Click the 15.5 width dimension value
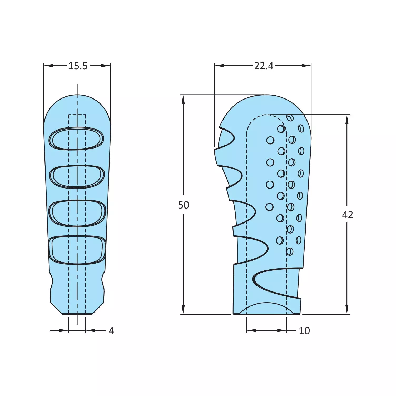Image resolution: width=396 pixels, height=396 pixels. (x=78, y=66)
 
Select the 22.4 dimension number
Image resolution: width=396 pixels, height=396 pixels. (x=264, y=66)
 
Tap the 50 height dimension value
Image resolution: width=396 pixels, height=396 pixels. (x=184, y=205)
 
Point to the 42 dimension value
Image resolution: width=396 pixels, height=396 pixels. (x=347, y=215)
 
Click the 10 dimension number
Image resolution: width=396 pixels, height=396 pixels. (x=304, y=331)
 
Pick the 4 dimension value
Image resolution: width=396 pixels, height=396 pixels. (x=111, y=331)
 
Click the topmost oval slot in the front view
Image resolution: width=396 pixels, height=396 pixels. (x=77, y=138)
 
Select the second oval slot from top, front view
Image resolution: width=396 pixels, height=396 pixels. (x=77, y=176)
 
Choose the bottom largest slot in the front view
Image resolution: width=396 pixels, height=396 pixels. (x=77, y=250)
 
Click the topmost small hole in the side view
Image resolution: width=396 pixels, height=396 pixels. (x=290, y=117)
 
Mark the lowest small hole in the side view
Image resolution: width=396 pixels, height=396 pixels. (x=290, y=252)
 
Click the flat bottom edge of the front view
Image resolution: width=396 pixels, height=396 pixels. (x=77, y=314)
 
